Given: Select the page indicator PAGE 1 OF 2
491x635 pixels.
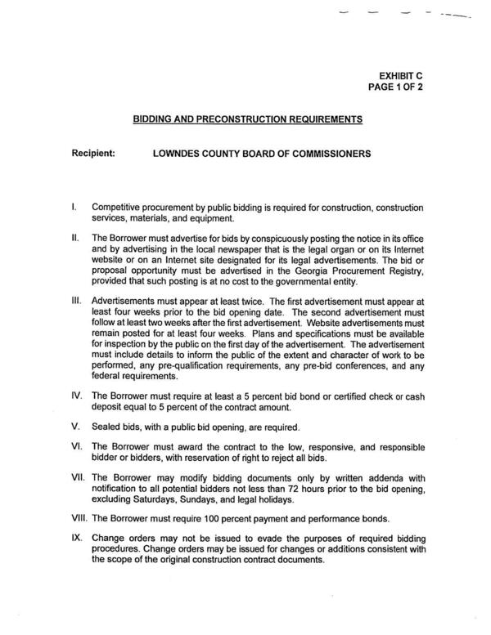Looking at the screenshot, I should click(x=416, y=87).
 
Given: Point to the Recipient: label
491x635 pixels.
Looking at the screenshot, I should click(x=95, y=153).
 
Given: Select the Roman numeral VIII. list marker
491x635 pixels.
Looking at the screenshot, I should click(x=80, y=518).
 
